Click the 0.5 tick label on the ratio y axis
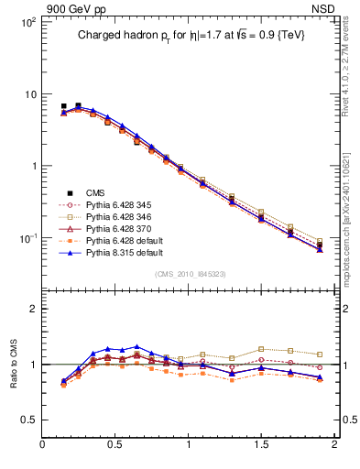(x=28, y=420)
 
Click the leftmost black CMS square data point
(x=63, y=106)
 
